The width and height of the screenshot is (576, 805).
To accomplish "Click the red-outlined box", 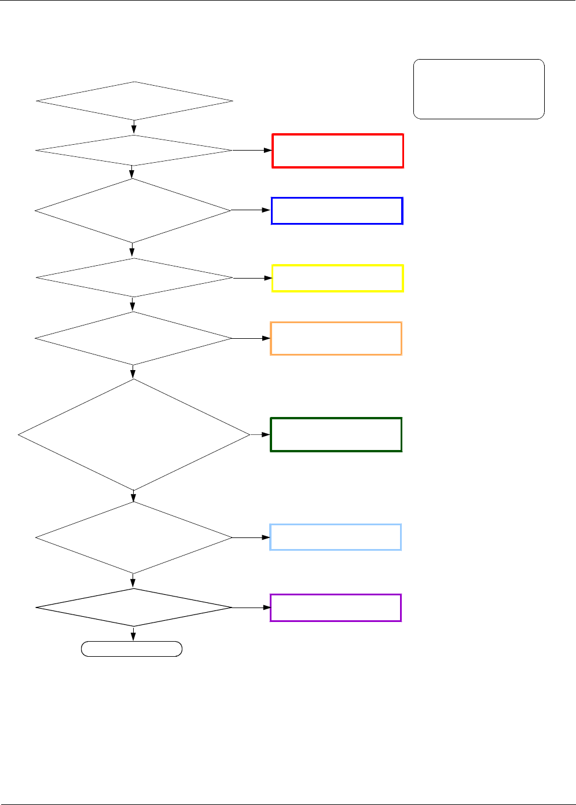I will click(337, 151).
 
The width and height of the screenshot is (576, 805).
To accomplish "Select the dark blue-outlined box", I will click(337, 211).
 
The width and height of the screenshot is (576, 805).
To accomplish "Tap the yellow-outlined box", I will click(337, 279).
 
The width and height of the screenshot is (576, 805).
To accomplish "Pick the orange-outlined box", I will click(336, 338).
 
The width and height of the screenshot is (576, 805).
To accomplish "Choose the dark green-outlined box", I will click(336, 434).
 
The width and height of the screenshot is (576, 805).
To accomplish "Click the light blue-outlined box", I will click(335, 537).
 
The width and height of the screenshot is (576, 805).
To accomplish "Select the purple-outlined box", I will click(335, 608).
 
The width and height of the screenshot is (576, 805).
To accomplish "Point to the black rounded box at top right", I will click(479, 89).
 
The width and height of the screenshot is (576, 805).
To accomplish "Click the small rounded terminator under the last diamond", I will click(132, 649).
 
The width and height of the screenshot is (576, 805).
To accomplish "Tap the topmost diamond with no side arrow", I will click(134, 101).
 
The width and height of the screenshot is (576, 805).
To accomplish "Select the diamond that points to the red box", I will click(134, 151).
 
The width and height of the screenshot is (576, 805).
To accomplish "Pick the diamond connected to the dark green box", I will click(134, 434).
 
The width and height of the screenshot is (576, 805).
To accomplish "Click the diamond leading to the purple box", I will click(134, 608).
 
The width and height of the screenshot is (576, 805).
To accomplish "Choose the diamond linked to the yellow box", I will click(134, 278).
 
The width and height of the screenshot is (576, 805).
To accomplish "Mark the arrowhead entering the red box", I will click(268, 151).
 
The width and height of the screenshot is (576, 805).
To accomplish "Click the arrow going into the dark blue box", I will click(267, 210).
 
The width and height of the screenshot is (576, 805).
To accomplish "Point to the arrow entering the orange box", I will click(266, 338).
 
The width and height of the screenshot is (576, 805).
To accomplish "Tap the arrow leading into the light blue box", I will click(265, 537).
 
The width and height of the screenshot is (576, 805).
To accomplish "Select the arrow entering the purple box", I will click(266, 608).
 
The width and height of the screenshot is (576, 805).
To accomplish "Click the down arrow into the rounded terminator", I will click(134, 637).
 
